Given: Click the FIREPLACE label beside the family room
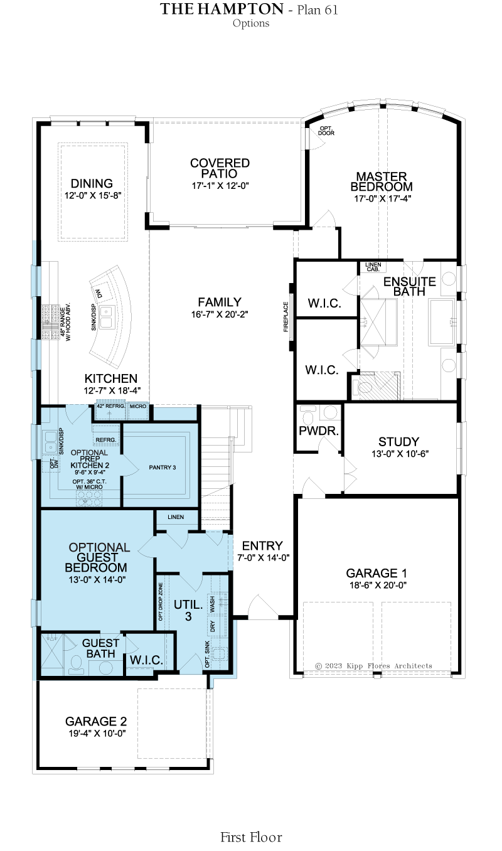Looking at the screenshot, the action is coord(286,317).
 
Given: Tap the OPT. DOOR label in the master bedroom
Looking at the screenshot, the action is coord(326,131).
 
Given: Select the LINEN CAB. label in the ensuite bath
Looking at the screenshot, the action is coord(373,267).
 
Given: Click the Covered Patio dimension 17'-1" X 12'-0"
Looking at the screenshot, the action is coord(220,186).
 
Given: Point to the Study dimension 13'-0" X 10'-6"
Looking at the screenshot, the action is coord(400,454).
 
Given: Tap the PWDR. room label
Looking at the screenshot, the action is coord(319,431).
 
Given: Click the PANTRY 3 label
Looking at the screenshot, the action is coord(162,468).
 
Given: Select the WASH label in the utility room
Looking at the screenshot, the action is coord(212,604).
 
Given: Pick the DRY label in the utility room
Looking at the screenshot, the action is coord(212,626).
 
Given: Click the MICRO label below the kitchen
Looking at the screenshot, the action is coord(138,406).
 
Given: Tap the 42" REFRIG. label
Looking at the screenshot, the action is coord(110,406).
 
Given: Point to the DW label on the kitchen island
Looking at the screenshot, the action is coord(100,293).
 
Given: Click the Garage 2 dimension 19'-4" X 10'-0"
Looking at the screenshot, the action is coord(97,733).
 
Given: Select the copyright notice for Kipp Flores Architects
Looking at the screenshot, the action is coord(373,666).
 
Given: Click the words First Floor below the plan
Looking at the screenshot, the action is coord(251,837).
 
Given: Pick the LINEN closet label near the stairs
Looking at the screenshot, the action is coord(176,517).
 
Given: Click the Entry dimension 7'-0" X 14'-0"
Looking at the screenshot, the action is coord(264,558).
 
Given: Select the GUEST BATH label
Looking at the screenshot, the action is coord(100,648).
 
